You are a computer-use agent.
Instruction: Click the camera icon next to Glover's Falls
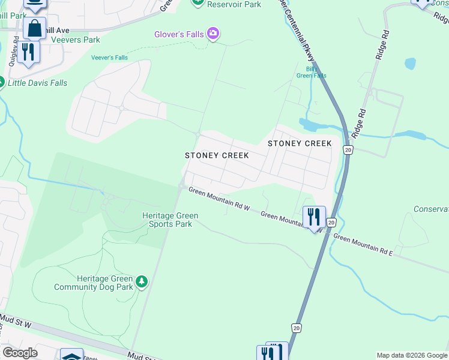click(212, 34)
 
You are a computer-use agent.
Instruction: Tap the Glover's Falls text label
click(178, 34)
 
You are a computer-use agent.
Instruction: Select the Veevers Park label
click(76, 40)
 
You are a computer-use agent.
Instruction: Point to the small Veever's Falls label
click(109, 58)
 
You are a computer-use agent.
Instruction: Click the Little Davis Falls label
click(37, 83)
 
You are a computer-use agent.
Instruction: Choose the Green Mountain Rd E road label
click(363, 245)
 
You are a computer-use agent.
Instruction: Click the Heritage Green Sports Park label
click(170, 220)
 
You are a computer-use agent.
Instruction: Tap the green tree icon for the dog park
click(142, 281)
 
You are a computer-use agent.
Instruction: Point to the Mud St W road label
click(16, 319)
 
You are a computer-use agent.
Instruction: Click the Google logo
click(19, 352)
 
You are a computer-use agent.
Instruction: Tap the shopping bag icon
click(34, 28)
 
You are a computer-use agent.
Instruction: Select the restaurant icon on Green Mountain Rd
click(314, 216)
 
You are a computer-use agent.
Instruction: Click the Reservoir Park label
click(234, 4)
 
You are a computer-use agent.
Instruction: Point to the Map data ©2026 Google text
click(412, 355)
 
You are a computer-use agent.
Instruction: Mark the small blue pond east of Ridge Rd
click(410, 63)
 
